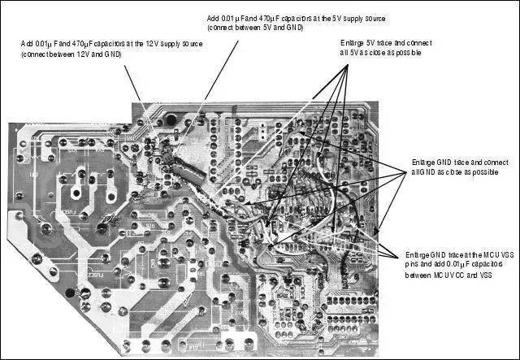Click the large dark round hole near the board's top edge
click(x=172, y=119)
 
